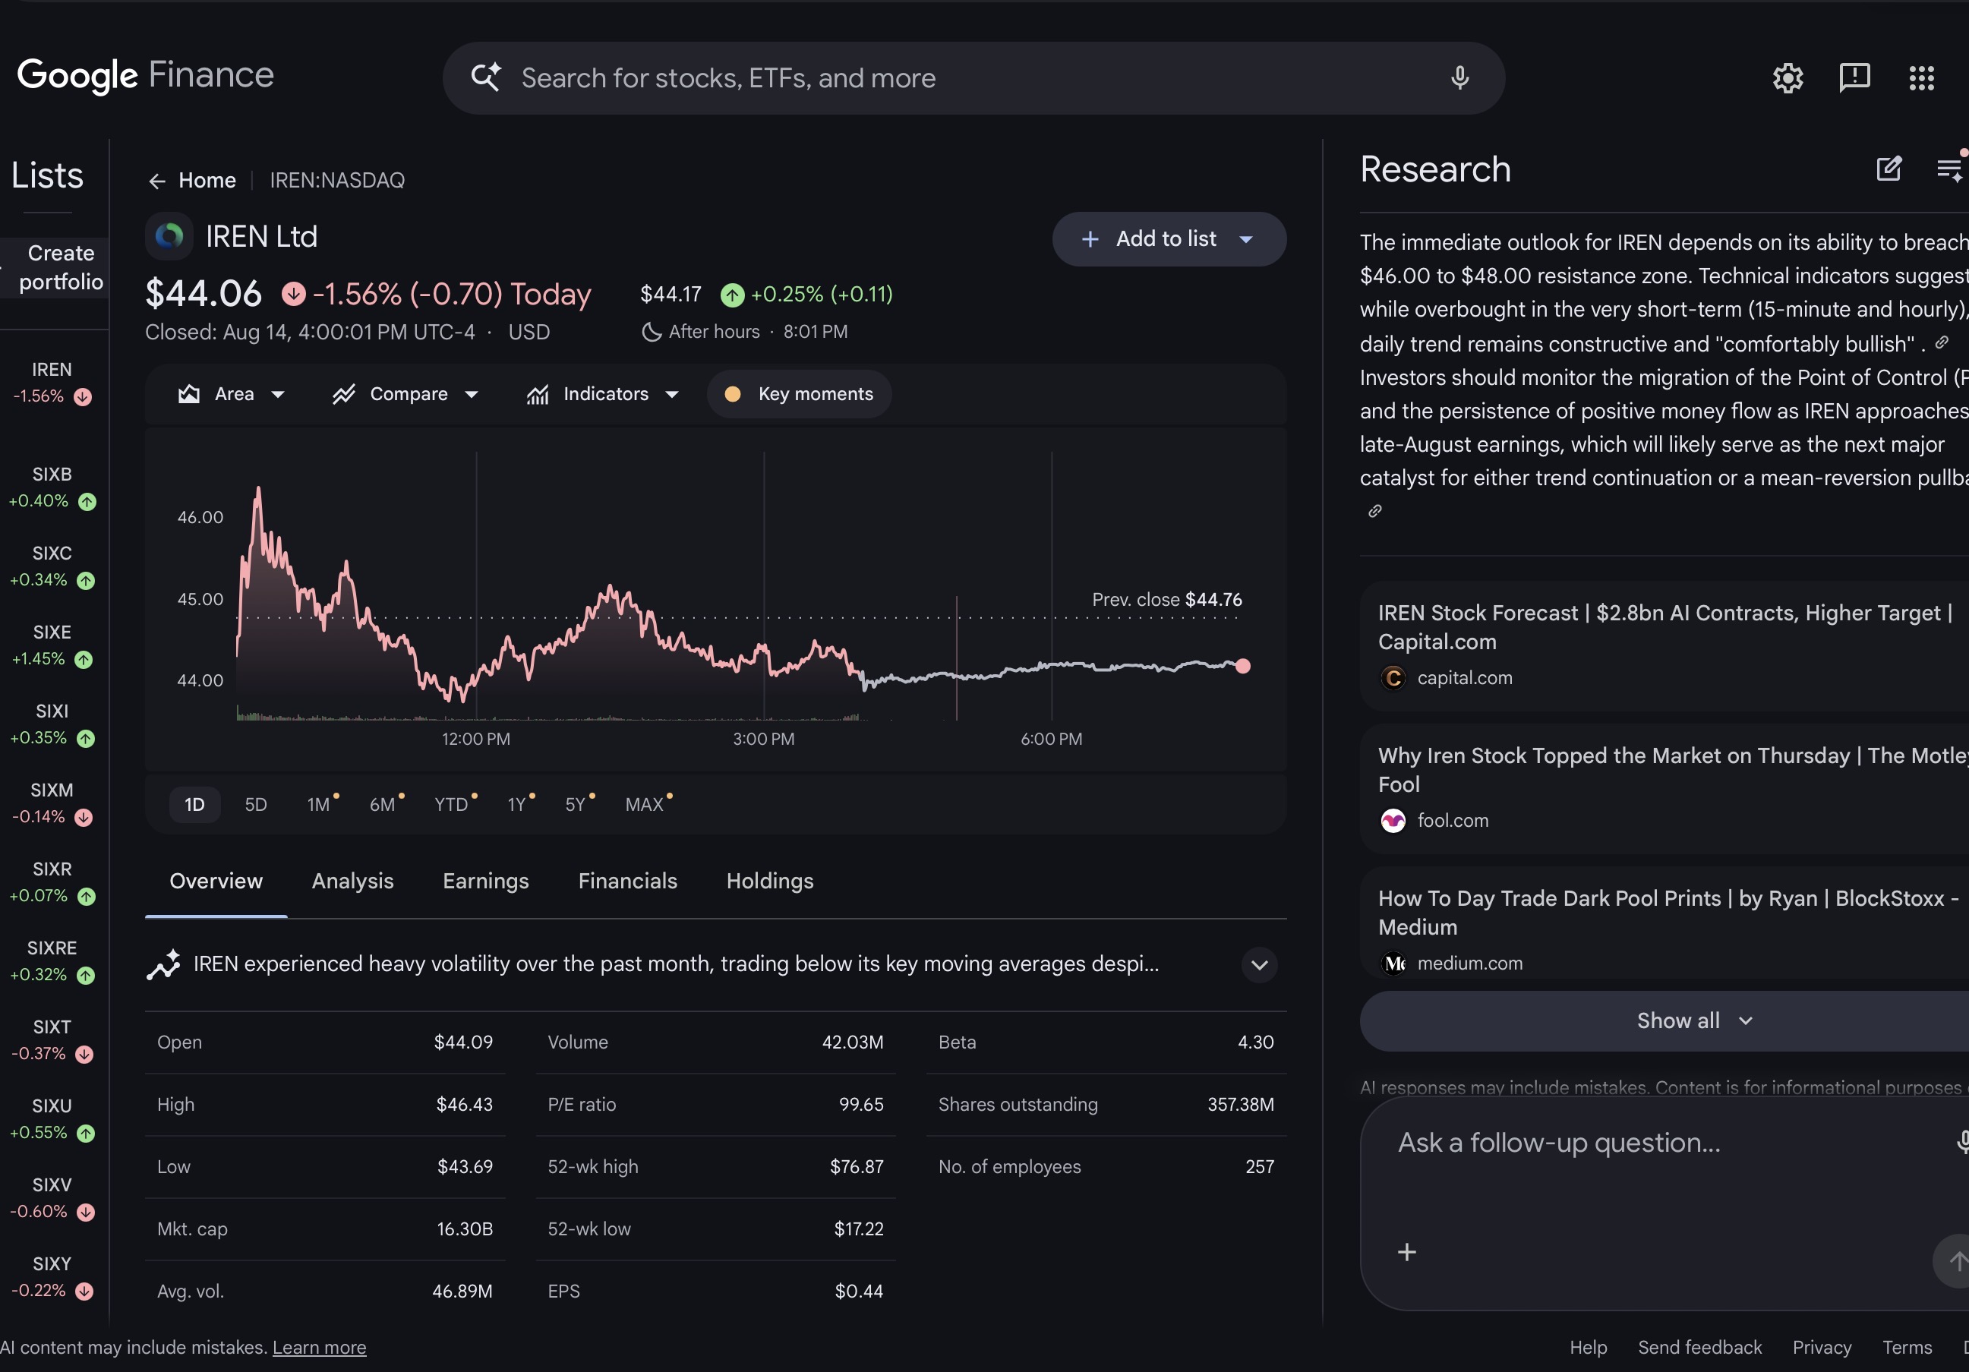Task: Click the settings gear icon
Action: pos(1788,78)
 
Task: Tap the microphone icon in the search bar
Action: pos(1459,78)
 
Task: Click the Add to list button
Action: pos(1169,239)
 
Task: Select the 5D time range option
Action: pos(256,804)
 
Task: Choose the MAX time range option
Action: pos(645,804)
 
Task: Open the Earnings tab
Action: pos(485,881)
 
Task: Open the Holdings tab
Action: pos(769,881)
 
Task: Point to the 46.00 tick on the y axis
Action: pos(200,517)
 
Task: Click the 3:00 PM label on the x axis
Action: pos(763,740)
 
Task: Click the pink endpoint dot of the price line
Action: pos(1242,667)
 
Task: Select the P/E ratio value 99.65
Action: pos(861,1105)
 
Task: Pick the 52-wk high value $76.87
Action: pos(857,1167)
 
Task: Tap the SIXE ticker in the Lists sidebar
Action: pos(52,632)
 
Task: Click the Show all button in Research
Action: pos(1693,1020)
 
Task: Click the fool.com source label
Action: pos(1453,821)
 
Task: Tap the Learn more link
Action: pos(319,1347)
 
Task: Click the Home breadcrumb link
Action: pos(207,180)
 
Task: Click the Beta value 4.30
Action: pos(1255,1042)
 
